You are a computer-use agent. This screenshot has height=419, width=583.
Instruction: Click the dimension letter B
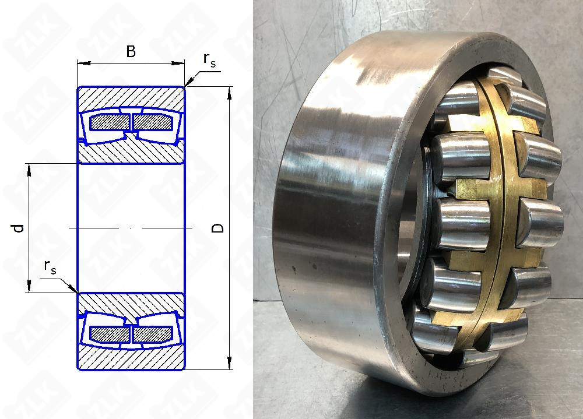point(131,51)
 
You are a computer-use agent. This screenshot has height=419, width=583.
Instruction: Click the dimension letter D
point(217,228)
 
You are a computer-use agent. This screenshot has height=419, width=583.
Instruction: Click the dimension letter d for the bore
point(19,228)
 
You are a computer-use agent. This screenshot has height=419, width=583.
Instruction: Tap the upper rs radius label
point(209,60)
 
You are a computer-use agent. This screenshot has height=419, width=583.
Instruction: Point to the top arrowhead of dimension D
point(229,93)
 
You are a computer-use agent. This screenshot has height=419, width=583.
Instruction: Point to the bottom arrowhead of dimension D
point(229,363)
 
